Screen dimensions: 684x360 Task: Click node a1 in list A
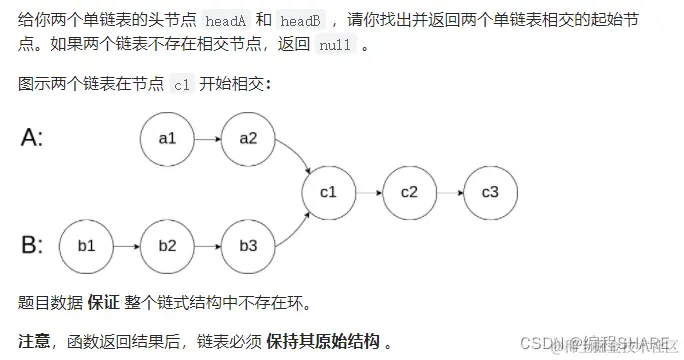pos(167,138)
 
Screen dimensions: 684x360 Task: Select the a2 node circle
pos(249,138)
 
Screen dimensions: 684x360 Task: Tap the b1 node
pos(85,245)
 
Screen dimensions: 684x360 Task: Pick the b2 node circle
pos(167,245)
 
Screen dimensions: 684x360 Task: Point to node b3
pos(249,245)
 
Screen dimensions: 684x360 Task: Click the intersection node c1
pos(328,191)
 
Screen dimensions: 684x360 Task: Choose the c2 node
pos(409,191)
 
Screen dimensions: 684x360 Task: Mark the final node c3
pos(490,191)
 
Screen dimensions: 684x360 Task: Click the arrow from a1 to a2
pos(208,138)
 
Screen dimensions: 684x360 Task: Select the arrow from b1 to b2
pos(126,245)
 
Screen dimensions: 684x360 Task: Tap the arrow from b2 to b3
pos(208,245)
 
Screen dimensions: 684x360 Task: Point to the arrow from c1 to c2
pos(368,191)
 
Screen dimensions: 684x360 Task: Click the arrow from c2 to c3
pos(449,191)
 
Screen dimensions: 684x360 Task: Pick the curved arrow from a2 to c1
pos(295,153)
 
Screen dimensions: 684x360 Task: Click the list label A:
pos(32,138)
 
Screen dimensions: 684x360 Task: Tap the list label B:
pos(32,243)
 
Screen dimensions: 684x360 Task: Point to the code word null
pos(335,47)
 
